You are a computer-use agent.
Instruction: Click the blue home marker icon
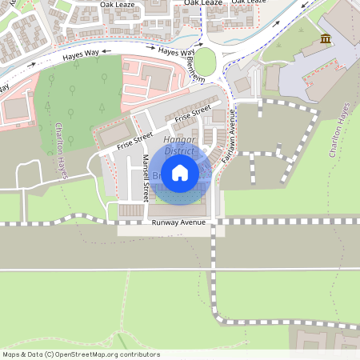(x=180, y=172)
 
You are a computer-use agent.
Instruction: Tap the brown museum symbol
(x=326, y=39)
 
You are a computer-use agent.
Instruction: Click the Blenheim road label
(x=194, y=69)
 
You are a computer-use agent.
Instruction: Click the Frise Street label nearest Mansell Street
(x=134, y=142)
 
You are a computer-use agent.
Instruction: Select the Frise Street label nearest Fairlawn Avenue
(x=193, y=114)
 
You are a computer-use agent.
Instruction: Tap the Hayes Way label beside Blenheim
(x=170, y=51)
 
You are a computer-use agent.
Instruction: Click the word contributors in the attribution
(x=142, y=354)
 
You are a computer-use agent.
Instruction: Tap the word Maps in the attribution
(x=12, y=354)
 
